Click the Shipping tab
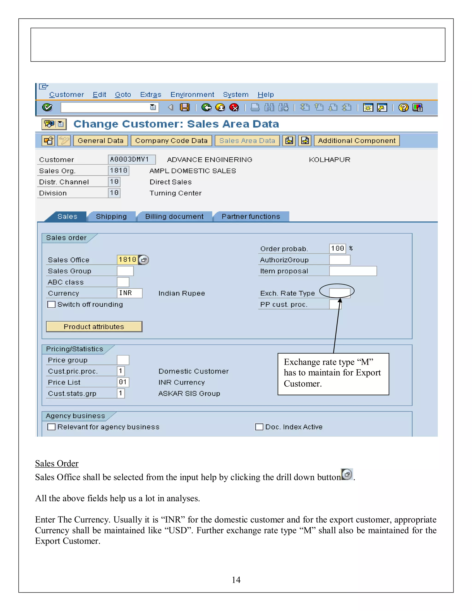tap(111, 217)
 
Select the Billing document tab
tap(174, 217)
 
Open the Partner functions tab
tap(251, 217)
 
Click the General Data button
tap(100, 140)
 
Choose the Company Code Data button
tap(171, 140)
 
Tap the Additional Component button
tap(357, 140)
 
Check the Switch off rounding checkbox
tap(51, 304)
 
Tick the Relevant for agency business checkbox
tap(51, 427)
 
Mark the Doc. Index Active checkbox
tap(259, 427)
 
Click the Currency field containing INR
tap(130, 293)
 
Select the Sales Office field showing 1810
tap(127, 260)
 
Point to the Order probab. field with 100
tap(337, 248)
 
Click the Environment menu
tap(192, 95)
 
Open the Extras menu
tap(151, 95)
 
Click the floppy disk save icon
tap(185, 107)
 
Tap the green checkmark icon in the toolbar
tap(47, 107)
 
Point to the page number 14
tap(236, 580)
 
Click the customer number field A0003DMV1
tap(131, 160)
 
